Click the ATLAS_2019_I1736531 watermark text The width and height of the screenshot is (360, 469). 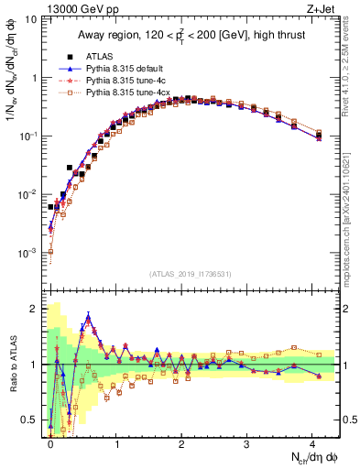[190, 273]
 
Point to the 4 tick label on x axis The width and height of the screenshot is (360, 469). [311, 442]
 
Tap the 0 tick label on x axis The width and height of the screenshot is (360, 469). [50, 442]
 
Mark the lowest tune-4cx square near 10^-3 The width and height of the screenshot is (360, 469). [50, 252]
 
